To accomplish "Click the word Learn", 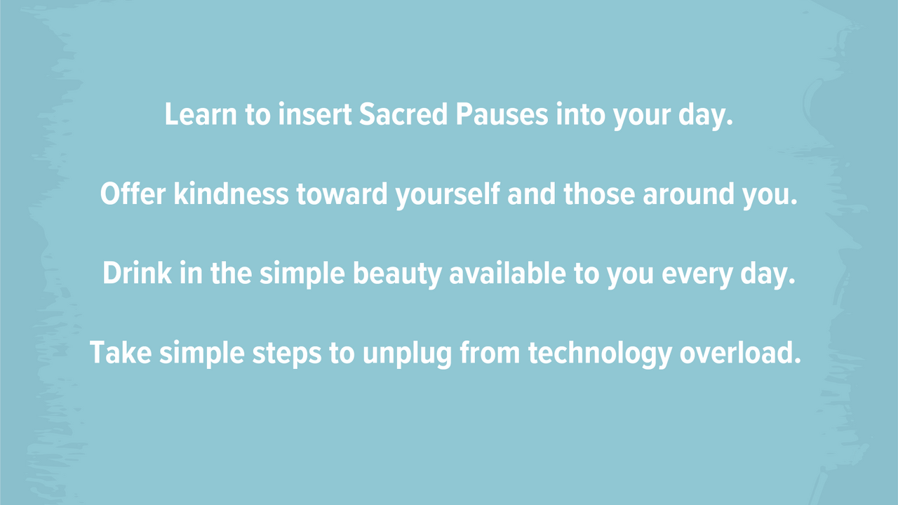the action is [x=201, y=114].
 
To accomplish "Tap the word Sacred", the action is [x=403, y=114].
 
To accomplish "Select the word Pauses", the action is [x=502, y=114].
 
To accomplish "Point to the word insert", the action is [x=315, y=114].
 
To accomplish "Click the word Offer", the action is [x=133, y=194].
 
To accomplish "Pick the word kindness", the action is [x=231, y=194].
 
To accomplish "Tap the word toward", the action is [x=342, y=194].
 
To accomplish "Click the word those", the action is [x=599, y=194].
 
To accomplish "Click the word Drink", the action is [x=137, y=273].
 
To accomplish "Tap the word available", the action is [x=507, y=273].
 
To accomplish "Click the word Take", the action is [x=121, y=353].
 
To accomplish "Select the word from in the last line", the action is [x=490, y=353].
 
